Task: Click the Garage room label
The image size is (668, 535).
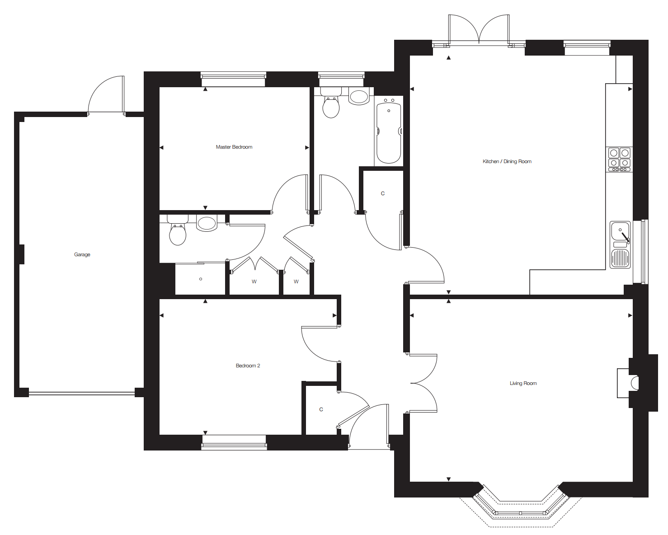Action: pyautogui.click(x=82, y=254)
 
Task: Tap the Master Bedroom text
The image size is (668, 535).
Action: pyautogui.click(x=234, y=147)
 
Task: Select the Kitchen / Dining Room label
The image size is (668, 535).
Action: pyautogui.click(x=507, y=161)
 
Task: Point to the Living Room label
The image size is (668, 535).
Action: pyautogui.click(x=523, y=383)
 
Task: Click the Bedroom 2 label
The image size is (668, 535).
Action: pyautogui.click(x=248, y=366)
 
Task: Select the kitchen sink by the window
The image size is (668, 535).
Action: pyautogui.click(x=620, y=245)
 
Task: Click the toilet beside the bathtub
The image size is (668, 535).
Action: pyautogui.click(x=331, y=103)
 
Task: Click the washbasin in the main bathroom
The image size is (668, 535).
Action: pyautogui.click(x=359, y=96)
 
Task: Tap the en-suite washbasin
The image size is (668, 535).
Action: pyautogui.click(x=207, y=223)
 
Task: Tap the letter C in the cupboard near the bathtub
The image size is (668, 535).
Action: pyautogui.click(x=383, y=194)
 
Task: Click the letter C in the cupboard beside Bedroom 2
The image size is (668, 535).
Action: pyautogui.click(x=321, y=410)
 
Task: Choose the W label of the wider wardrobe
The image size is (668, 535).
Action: pyautogui.click(x=254, y=282)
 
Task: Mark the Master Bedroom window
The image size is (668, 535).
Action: pyautogui.click(x=233, y=79)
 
